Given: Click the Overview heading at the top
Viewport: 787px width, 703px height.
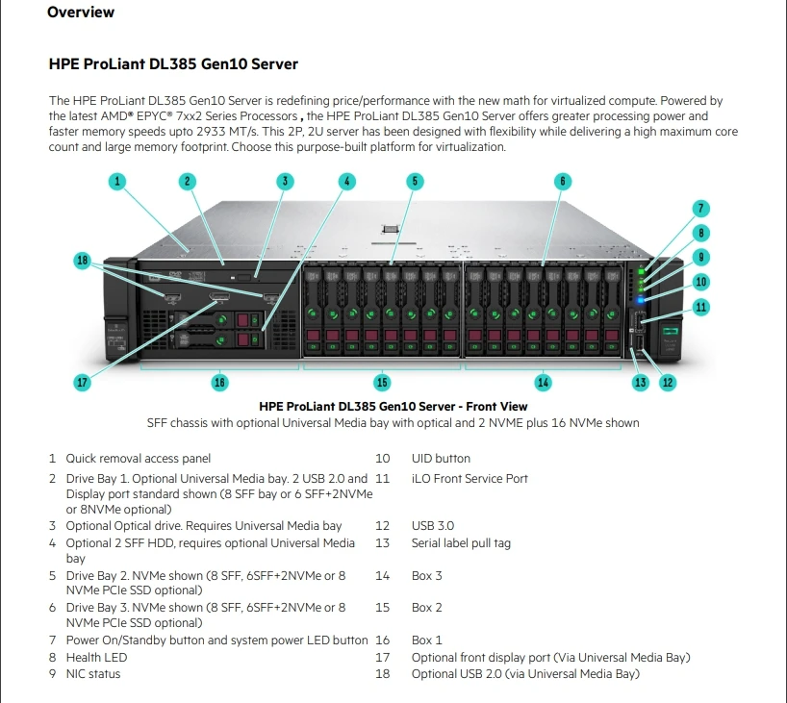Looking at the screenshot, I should [x=81, y=13].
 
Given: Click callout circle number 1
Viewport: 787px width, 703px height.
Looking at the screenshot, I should [x=116, y=180].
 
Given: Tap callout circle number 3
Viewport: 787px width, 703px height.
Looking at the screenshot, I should [x=284, y=180].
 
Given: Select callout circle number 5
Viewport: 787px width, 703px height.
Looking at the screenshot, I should [x=414, y=180].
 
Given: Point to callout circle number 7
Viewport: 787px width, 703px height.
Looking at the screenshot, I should [x=701, y=208].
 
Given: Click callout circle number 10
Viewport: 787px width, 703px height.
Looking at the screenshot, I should [x=701, y=282].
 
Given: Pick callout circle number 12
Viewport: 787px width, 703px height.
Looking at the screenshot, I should [x=667, y=382].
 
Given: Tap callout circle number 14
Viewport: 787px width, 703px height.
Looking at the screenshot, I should [x=544, y=382].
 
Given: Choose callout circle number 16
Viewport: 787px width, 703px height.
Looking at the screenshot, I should [x=219, y=382].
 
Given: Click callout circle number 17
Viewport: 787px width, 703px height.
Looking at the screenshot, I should [x=83, y=382].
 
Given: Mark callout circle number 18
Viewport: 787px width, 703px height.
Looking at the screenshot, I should [x=83, y=260].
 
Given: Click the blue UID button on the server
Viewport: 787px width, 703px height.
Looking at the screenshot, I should [x=640, y=300].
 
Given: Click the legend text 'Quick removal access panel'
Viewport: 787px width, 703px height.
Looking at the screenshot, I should [x=138, y=459].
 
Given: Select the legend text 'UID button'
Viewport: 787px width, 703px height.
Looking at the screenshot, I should [x=441, y=459].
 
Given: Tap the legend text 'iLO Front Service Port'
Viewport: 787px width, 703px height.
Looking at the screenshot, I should [x=470, y=478].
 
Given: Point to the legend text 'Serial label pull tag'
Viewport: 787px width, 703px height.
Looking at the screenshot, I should [x=461, y=543].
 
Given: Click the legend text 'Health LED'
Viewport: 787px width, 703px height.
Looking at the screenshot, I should [x=96, y=657].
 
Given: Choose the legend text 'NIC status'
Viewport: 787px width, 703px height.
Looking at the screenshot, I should [x=93, y=674].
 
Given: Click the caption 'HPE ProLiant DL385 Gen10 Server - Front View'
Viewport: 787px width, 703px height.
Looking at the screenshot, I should [x=393, y=407].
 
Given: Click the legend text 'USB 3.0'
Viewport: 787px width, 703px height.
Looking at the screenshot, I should [x=433, y=526].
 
